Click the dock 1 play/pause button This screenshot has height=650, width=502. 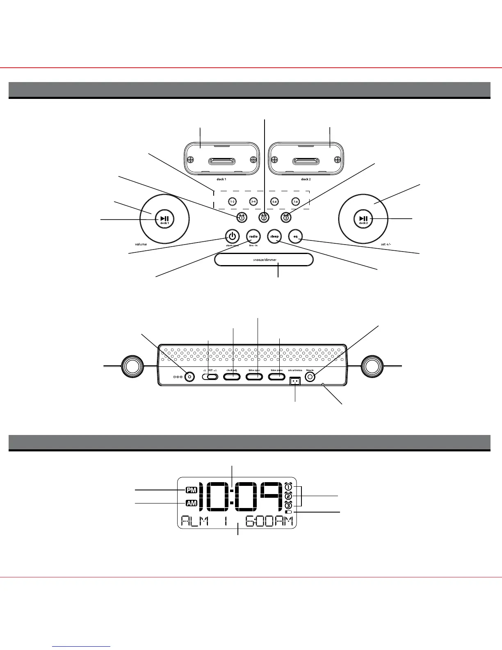tap(164, 220)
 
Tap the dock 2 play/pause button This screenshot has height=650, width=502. tap(363, 220)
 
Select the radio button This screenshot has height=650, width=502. tap(253, 236)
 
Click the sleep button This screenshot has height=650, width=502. tap(274, 236)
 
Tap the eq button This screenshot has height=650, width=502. tap(295, 236)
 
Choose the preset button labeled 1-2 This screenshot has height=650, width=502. tap(232, 202)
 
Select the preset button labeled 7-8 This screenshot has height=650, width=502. tap(295, 202)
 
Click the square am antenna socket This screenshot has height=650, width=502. tap(295, 381)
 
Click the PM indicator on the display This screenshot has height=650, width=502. tap(191, 490)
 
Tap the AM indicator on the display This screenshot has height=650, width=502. tap(191, 503)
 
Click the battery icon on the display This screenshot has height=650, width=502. tap(288, 512)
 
